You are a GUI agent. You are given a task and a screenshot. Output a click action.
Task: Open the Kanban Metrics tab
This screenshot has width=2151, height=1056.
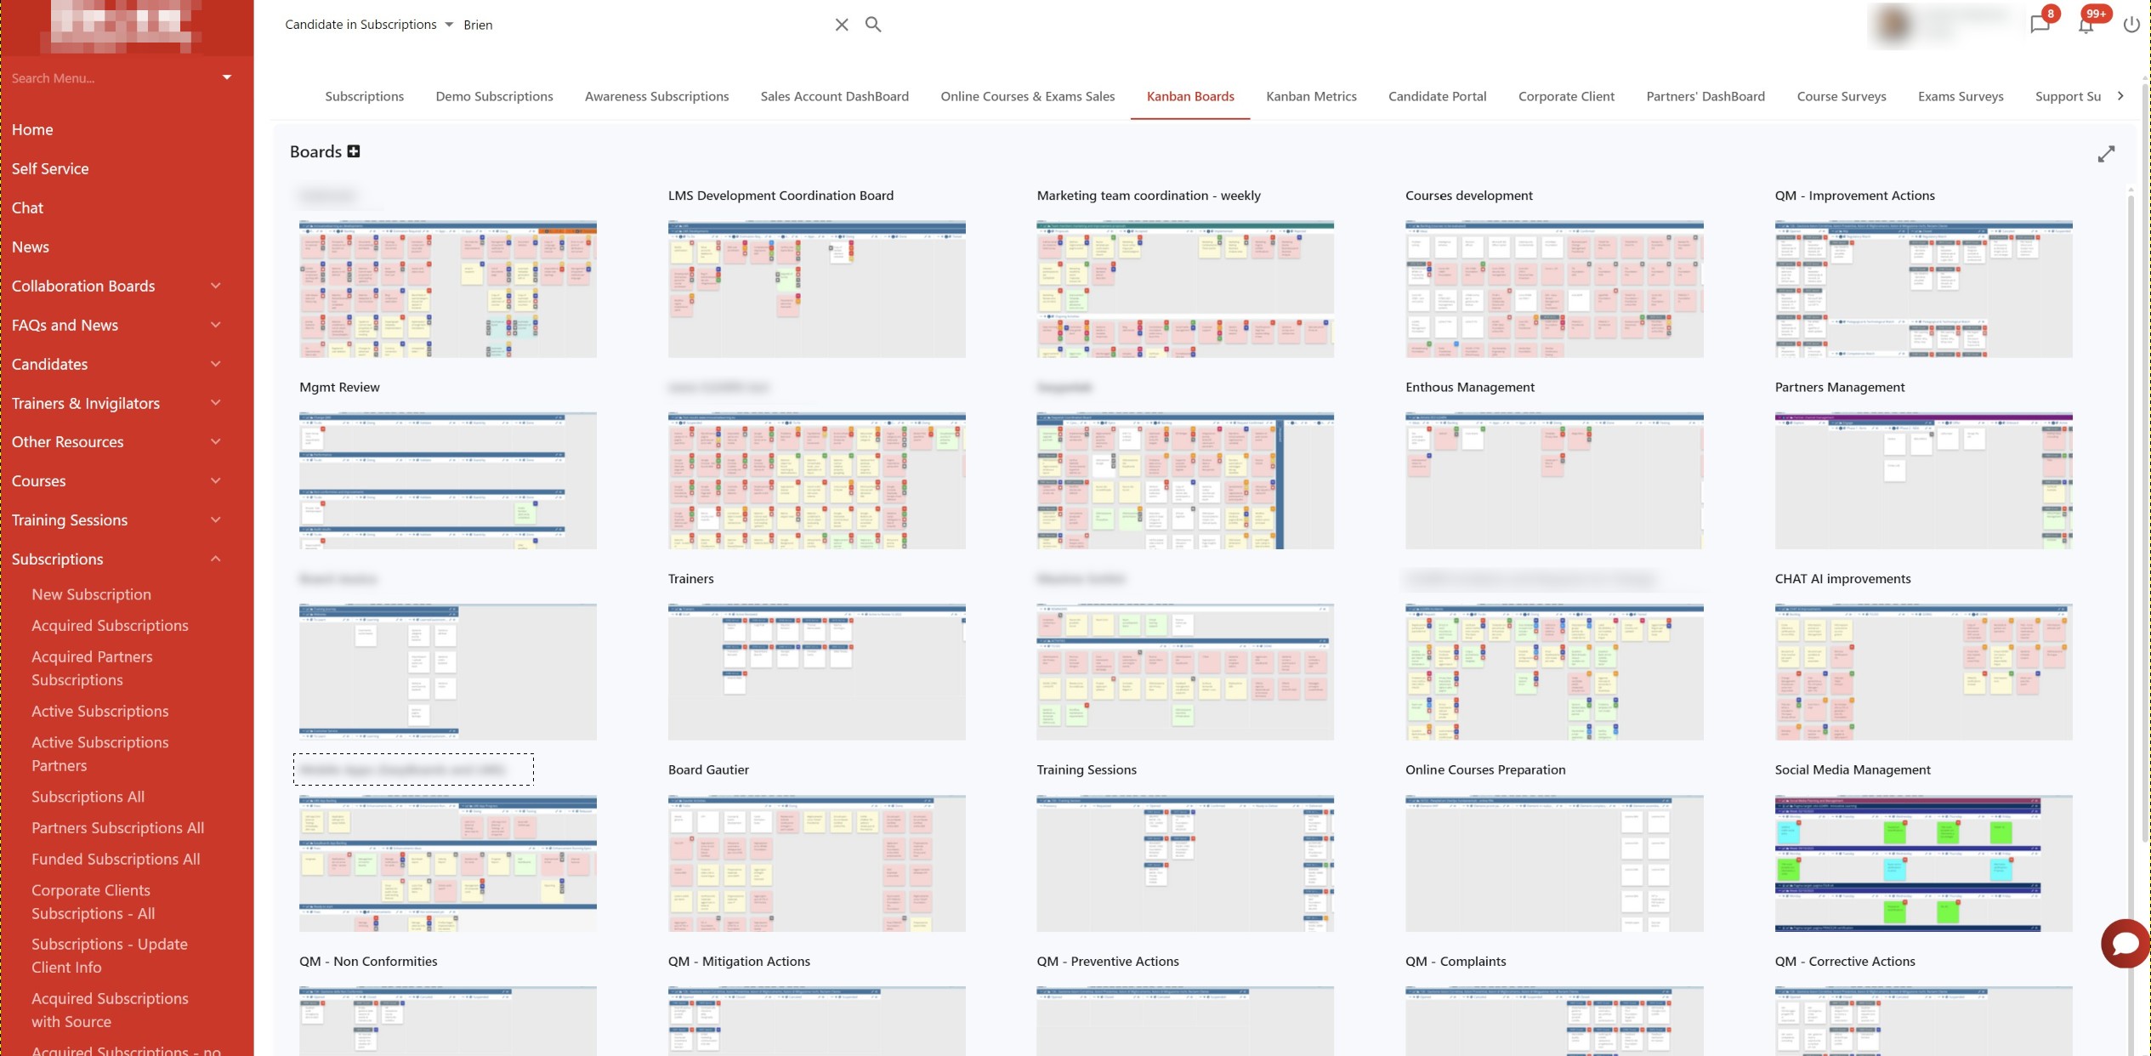(x=1311, y=96)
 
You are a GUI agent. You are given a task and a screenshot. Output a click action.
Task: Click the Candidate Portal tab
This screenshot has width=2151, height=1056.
(x=1437, y=96)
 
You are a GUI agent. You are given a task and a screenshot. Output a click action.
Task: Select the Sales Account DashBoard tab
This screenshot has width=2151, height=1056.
(x=834, y=96)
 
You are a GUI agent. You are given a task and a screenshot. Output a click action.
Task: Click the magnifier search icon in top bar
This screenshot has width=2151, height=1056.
(x=873, y=25)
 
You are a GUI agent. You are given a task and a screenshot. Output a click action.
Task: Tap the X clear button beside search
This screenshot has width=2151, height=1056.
(x=841, y=25)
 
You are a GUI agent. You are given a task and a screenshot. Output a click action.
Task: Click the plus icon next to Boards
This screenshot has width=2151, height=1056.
(x=354, y=151)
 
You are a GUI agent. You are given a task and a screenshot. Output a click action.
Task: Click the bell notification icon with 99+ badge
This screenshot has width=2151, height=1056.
(x=2086, y=25)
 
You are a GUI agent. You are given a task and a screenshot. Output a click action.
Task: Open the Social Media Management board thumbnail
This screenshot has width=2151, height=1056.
(x=1922, y=863)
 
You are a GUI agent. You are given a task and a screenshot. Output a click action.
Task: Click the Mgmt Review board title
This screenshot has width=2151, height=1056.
(x=339, y=387)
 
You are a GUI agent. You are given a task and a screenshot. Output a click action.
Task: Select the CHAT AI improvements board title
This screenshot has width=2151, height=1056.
(x=1842, y=578)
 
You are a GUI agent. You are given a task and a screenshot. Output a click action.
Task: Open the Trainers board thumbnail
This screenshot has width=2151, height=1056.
(x=816, y=672)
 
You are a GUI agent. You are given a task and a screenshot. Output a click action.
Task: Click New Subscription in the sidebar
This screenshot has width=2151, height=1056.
(x=91, y=594)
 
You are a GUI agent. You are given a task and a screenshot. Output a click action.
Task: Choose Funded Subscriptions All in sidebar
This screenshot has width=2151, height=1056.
(x=116, y=859)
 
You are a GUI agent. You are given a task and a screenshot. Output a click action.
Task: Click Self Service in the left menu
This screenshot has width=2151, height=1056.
(x=50, y=168)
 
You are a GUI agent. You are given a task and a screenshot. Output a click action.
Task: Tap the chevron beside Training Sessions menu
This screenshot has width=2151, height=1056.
(x=216, y=519)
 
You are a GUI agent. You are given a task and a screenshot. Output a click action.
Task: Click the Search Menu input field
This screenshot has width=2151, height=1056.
(x=111, y=78)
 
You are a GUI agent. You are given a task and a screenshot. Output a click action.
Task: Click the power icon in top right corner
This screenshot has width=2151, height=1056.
(x=2131, y=25)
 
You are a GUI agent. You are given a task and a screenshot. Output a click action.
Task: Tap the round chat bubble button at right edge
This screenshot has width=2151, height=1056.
(x=2125, y=943)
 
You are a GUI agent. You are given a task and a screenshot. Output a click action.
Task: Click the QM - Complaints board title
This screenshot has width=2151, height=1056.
(x=1455, y=961)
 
